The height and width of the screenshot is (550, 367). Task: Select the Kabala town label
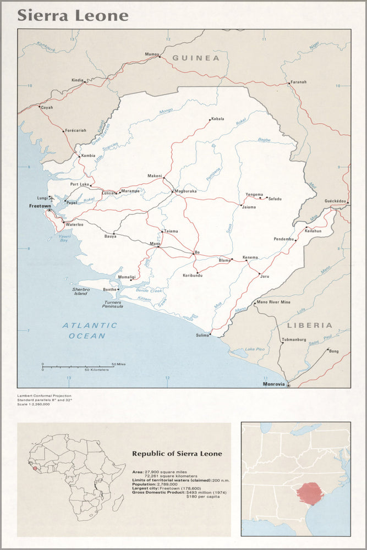click(x=217, y=118)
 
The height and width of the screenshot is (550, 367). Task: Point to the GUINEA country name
click(x=195, y=58)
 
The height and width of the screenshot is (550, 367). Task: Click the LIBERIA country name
click(x=309, y=325)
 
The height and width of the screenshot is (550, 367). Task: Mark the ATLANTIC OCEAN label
click(x=89, y=330)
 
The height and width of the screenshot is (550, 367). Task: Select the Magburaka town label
click(x=186, y=192)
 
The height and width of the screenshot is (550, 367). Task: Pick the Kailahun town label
click(x=313, y=232)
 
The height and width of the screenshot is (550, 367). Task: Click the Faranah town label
click(x=298, y=82)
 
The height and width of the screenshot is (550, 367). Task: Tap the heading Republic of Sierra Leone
click(x=177, y=454)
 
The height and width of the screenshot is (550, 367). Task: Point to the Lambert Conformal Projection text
click(x=43, y=395)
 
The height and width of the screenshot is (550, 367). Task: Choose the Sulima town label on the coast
click(x=202, y=335)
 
